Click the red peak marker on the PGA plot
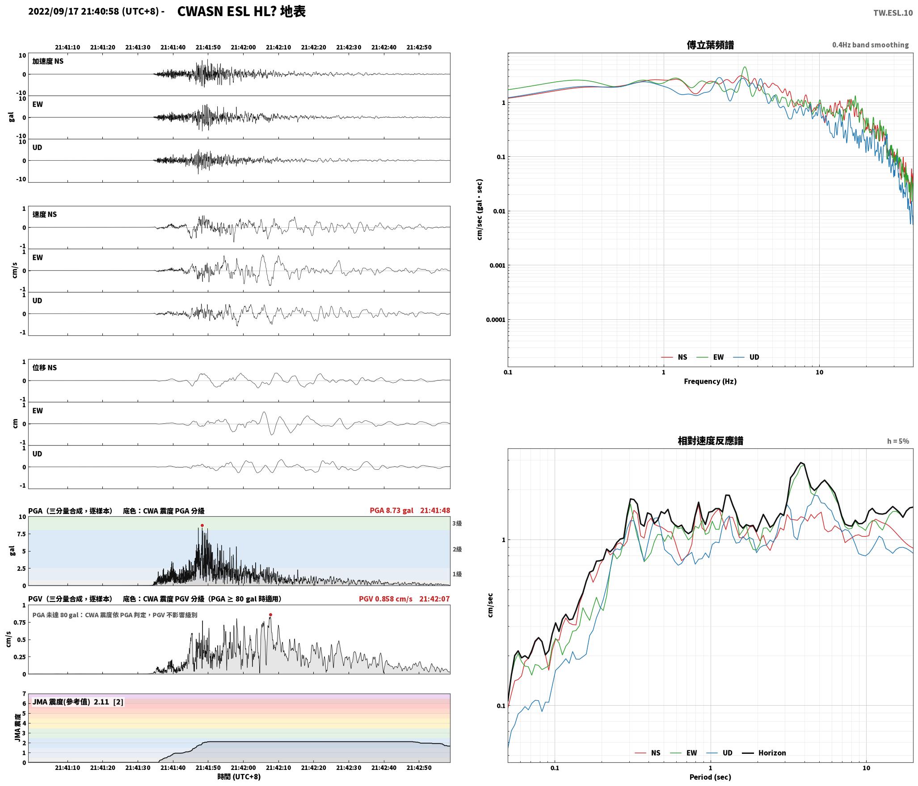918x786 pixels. coord(202,526)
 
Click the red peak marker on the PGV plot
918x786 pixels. coord(270,615)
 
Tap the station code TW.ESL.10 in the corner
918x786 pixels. coord(893,13)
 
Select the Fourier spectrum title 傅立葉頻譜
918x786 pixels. coord(710,45)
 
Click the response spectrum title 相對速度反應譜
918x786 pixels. coord(710,441)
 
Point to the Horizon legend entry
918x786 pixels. coord(764,753)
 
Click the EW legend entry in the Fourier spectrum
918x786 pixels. coord(710,357)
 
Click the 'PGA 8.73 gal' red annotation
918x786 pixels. coord(392,510)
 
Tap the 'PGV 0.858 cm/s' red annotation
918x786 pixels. coord(386,599)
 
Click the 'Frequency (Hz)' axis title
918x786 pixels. coord(710,381)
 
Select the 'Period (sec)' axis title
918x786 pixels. coord(710,777)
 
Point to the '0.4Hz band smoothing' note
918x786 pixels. coord(870,45)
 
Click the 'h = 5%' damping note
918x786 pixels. coord(898,441)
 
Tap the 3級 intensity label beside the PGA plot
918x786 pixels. coord(457,523)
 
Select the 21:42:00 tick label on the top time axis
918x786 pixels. coord(244,47)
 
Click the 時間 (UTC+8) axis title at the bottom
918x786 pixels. coord(239,777)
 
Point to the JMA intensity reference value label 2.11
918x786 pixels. coord(101,702)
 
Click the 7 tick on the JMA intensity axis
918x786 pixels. coord(25,694)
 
